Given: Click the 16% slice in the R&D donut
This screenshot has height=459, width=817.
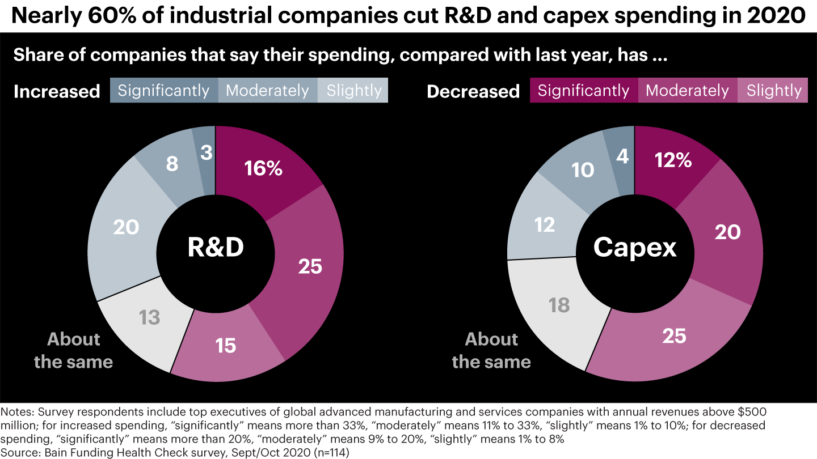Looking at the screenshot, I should pos(262,169).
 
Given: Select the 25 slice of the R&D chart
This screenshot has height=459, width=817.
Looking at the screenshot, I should pos(309,266).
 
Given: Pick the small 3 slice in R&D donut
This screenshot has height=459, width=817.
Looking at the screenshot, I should pos(207,152).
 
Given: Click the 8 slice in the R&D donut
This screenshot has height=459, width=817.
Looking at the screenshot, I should pos(172,164).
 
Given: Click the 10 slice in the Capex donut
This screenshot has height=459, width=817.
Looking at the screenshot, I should pos(583,169).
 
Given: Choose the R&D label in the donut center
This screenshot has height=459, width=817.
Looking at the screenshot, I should pos(216,248).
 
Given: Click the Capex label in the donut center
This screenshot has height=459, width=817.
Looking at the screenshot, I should pos(635,248).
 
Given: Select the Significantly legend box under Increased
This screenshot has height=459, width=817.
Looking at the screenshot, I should pos(163,91).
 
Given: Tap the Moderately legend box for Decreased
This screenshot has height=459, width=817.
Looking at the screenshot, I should pos(687,91).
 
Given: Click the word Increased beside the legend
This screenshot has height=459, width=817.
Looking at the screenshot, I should pos(57,92).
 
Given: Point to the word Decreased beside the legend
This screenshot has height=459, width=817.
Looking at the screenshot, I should pos(473,92).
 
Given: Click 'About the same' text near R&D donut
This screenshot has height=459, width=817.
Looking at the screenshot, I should pos(74,350).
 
